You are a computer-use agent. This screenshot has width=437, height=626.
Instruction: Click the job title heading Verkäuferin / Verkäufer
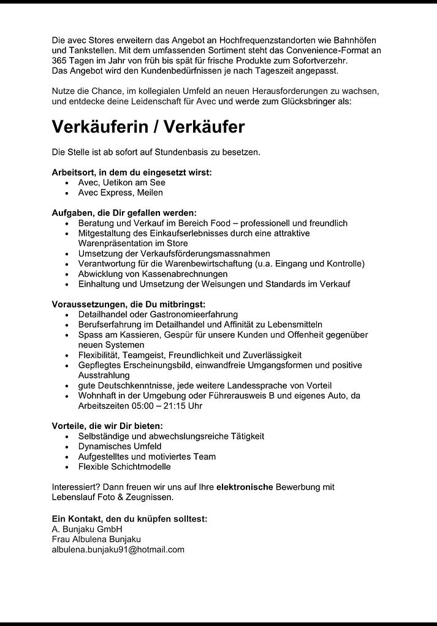click(x=148, y=127)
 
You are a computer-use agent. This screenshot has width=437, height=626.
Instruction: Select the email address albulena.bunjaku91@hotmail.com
click(x=118, y=549)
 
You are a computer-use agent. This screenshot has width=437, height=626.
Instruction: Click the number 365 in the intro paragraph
click(x=60, y=61)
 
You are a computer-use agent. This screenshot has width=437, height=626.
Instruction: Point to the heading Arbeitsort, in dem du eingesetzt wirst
click(x=132, y=172)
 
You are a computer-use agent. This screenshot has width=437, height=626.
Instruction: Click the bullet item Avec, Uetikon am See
click(x=121, y=182)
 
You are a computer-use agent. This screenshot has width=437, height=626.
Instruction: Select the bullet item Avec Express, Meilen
click(x=120, y=193)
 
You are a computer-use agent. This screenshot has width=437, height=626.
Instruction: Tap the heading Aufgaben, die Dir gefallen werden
click(x=124, y=213)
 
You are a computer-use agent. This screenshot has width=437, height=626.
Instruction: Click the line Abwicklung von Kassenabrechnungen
click(x=153, y=274)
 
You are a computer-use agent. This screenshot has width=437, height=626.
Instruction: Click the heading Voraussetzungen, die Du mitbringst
click(x=128, y=304)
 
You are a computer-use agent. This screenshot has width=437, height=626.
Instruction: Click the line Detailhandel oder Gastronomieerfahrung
click(x=158, y=314)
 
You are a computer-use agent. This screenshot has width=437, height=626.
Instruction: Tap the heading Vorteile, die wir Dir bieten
click(x=116, y=426)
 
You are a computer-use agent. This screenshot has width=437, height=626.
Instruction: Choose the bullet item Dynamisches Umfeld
click(x=120, y=446)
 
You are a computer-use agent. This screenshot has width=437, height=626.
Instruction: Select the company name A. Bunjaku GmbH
click(x=87, y=529)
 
